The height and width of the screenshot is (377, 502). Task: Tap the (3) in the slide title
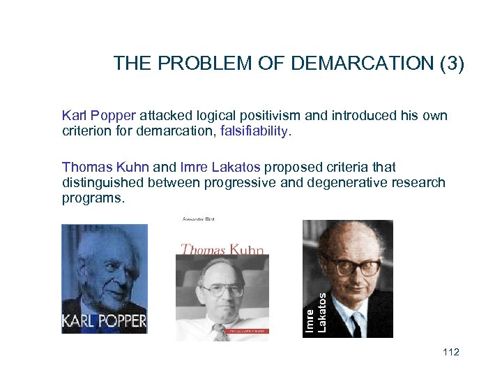click(x=450, y=64)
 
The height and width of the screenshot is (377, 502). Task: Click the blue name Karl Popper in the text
click(x=100, y=115)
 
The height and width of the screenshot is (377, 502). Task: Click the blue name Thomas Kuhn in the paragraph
click(x=105, y=167)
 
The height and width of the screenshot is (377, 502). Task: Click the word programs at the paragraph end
click(x=93, y=198)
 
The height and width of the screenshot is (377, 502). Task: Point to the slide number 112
click(x=450, y=352)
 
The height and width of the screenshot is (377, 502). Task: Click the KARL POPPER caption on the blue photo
click(x=105, y=322)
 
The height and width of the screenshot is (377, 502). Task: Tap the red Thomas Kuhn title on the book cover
click(x=222, y=249)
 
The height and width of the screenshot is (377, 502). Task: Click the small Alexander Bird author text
click(x=198, y=219)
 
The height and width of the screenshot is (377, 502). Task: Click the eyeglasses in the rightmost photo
click(x=360, y=266)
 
